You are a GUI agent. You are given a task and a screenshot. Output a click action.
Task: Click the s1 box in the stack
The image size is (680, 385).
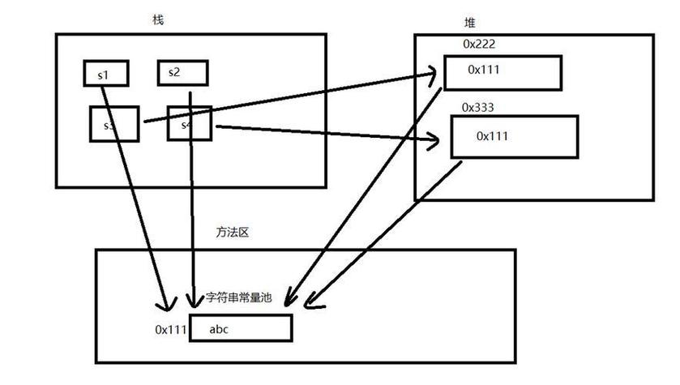click(103, 74)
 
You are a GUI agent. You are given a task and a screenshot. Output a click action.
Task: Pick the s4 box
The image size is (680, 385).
click(190, 125)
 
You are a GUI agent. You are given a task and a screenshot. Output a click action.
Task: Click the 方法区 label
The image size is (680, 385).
click(231, 233)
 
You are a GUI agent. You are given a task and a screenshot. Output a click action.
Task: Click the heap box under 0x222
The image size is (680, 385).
click(503, 72)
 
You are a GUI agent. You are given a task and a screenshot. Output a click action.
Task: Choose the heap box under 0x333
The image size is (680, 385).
click(514, 135)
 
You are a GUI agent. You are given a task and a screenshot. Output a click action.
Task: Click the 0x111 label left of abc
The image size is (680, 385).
click(171, 330)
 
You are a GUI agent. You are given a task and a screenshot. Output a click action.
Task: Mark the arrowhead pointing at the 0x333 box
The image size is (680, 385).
click(434, 144)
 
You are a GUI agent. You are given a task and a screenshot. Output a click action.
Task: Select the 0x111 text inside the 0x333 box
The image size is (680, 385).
click(493, 135)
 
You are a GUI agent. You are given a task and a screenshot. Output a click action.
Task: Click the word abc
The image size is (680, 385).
click(220, 329)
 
